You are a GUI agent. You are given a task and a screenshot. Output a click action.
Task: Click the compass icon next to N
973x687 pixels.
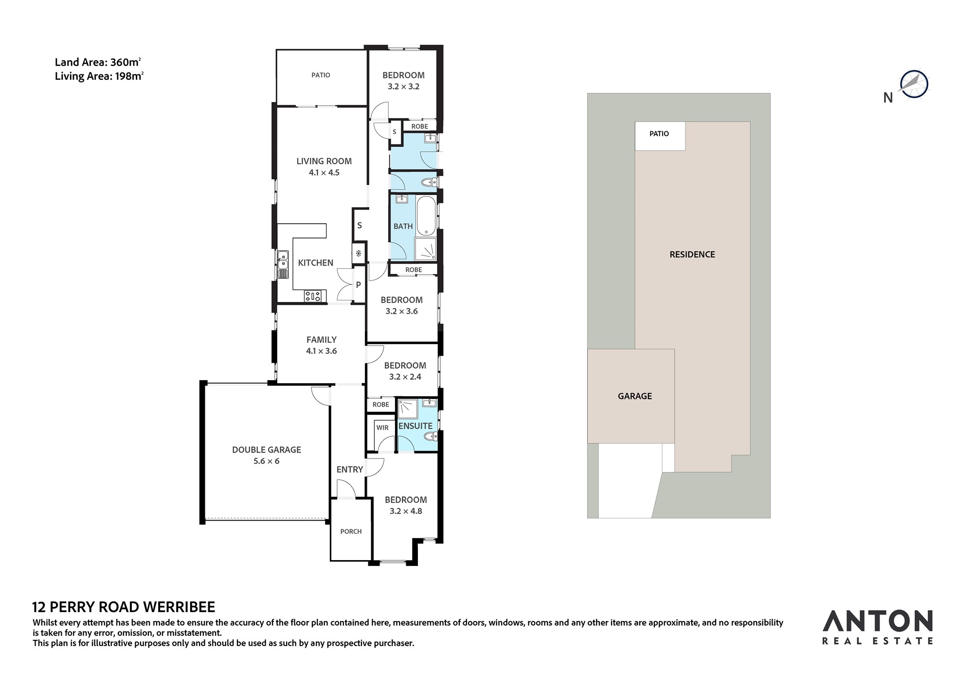(x=914, y=84)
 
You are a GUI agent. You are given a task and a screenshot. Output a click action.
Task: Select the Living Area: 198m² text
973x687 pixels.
(x=99, y=76)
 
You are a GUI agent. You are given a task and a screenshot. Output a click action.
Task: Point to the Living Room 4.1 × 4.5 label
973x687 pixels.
(x=324, y=167)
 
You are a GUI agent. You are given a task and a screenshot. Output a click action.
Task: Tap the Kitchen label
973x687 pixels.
(x=316, y=263)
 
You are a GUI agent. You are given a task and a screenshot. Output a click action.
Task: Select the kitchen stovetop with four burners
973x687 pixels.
(x=313, y=296)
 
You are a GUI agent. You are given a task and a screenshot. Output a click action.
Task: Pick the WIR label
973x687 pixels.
(x=382, y=427)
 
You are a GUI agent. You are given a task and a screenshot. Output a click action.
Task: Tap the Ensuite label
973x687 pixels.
(x=415, y=426)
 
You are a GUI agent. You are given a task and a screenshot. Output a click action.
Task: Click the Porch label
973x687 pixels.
(x=351, y=531)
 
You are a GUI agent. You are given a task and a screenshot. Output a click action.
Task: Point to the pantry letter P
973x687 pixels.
(x=359, y=285)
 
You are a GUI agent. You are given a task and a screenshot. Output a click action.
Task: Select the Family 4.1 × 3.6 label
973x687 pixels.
(x=322, y=345)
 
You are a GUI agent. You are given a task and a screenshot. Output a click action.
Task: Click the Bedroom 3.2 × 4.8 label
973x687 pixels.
(x=406, y=505)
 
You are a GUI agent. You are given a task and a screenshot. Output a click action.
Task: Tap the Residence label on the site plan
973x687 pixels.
(x=692, y=254)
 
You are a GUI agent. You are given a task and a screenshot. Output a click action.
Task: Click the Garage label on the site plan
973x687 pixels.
(x=635, y=396)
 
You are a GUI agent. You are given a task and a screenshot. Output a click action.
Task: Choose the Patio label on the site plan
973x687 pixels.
(x=659, y=134)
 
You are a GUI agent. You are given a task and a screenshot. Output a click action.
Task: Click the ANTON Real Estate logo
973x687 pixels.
(x=878, y=627)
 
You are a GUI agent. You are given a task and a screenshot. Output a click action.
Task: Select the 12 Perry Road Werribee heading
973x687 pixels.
(x=124, y=607)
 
